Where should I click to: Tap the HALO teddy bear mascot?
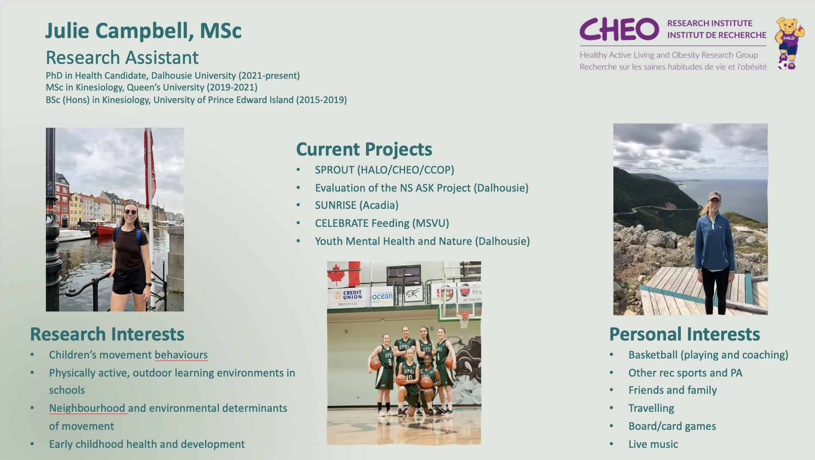coord(789,43)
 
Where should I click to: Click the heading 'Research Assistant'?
coord(122,57)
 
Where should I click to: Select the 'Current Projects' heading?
coord(364,149)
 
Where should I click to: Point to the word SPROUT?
coord(335,170)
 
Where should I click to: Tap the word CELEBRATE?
coord(342,223)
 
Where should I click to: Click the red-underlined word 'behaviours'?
coord(181,355)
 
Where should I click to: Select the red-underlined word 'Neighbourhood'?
coord(87,408)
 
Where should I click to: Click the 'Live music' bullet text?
coord(653,444)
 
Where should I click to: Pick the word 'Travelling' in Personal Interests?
coord(651,408)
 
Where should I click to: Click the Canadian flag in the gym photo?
coord(344,273)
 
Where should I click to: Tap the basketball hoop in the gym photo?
coord(464,318)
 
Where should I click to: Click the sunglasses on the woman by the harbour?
coord(131,212)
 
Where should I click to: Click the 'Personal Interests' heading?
coord(684,334)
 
